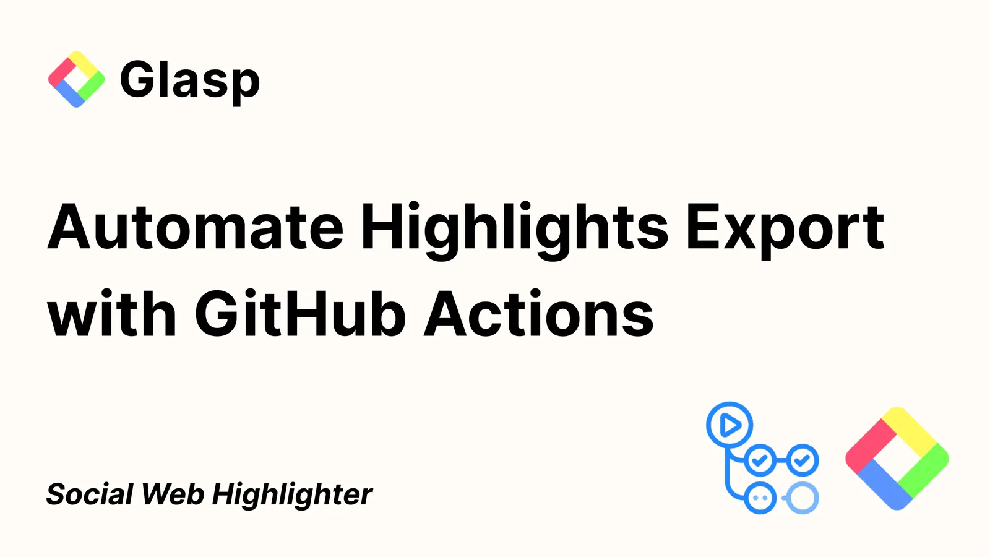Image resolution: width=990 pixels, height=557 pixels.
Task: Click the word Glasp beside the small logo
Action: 190,80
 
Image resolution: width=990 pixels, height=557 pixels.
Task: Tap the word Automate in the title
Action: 195,227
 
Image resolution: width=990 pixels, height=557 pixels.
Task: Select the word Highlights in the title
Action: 514,230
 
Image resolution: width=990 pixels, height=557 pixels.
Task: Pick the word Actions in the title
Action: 539,313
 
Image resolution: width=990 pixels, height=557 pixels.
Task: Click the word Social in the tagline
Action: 89,494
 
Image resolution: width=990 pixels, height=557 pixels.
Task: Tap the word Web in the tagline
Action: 173,494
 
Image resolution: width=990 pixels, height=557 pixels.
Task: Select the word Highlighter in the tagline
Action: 293,496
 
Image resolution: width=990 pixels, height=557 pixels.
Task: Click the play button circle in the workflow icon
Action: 730,425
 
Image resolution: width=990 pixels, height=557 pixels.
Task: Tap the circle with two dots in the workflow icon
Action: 760,498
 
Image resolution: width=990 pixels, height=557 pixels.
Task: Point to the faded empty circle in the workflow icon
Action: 802,498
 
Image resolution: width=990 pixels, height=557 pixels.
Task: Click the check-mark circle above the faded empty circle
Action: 802,460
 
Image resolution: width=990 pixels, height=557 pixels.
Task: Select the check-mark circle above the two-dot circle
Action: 760,460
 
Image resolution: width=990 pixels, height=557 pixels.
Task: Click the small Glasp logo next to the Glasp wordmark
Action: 77,80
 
